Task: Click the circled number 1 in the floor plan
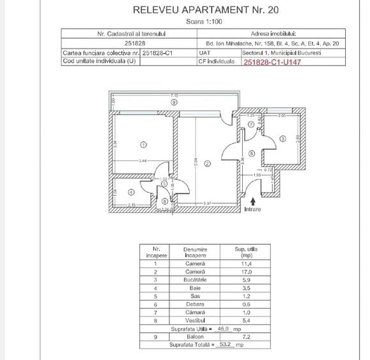coord(143,144)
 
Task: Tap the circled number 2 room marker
coord(206,164)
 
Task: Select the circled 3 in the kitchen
coord(282,139)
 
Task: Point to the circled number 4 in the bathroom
coord(131,191)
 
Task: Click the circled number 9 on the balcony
coord(174,102)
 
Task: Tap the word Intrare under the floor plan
coord(253,208)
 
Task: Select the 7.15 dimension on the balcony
coord(173,95)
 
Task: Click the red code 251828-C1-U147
coord(272,62)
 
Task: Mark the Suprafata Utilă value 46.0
coord(224,329)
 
